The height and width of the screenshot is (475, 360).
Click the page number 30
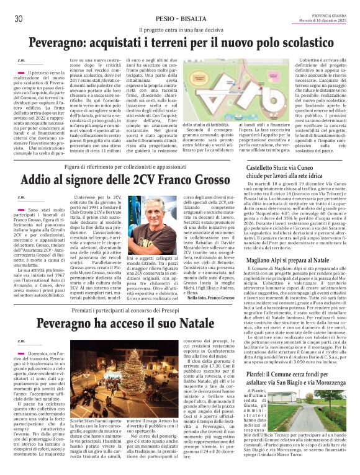click(x=18, y=19)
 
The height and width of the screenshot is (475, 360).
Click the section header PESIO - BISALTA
click(x=178, y=19)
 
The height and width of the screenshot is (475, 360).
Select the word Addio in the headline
click(x=38, y=181)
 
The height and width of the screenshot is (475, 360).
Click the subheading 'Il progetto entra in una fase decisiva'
click(x=180, y=29)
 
